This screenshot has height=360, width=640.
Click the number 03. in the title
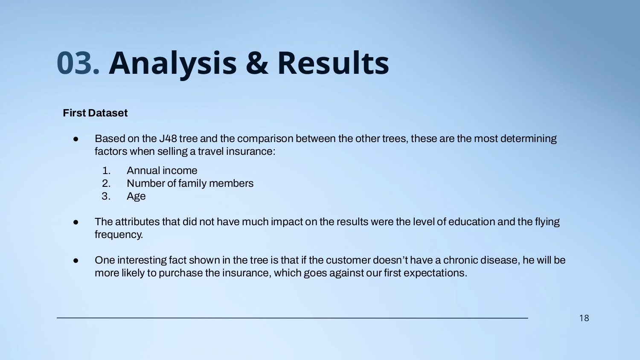tap(78, 63)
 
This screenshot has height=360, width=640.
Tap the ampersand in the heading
tap(257, 63)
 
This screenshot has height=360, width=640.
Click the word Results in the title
tap(333, 62)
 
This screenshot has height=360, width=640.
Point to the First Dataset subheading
tap(95, 113)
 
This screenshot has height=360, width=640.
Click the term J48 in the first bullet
tap(168, 139)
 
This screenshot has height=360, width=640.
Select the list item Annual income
tap(162, 171)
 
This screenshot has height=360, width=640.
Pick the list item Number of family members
tap(190, 183)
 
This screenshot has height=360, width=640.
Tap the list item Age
tap(136, 197)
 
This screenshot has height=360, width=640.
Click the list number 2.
tap(106, 183)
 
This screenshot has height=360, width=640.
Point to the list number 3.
tap(106, 196)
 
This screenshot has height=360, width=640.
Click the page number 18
tap(584, 318)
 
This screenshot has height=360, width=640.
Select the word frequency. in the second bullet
tap(119, 235)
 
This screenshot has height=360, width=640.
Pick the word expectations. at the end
tap(435, 273)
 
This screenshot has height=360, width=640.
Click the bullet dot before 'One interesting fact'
tap(76, 261)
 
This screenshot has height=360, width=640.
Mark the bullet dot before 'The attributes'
tap(76, 222)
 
